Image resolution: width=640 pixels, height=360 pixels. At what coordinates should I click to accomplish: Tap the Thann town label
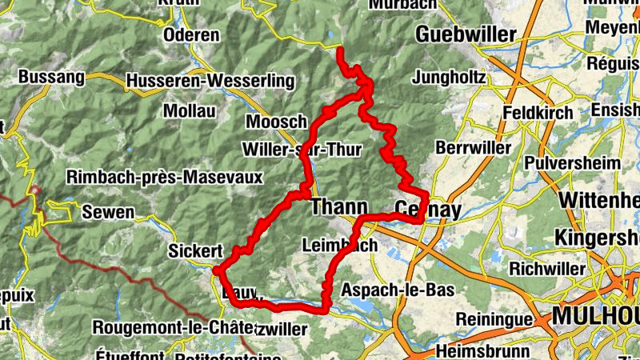click(338, 206)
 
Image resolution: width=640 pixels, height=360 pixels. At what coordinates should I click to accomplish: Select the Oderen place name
click(190, 35)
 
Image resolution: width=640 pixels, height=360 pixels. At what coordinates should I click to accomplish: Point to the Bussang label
click(50, 78)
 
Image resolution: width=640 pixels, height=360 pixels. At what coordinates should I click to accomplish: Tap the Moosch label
click(277, 122)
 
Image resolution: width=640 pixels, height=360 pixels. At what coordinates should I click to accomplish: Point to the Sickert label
click(195, 251)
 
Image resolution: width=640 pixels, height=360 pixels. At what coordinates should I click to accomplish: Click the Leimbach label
click(341, 246)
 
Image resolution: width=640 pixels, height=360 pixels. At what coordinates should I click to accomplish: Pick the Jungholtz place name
click(450, 78)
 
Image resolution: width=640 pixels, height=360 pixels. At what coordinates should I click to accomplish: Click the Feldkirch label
click(538, 113)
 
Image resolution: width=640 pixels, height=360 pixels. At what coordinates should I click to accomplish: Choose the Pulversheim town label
click(573, 162)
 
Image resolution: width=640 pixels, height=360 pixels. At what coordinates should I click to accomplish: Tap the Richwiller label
click(549, 267)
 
